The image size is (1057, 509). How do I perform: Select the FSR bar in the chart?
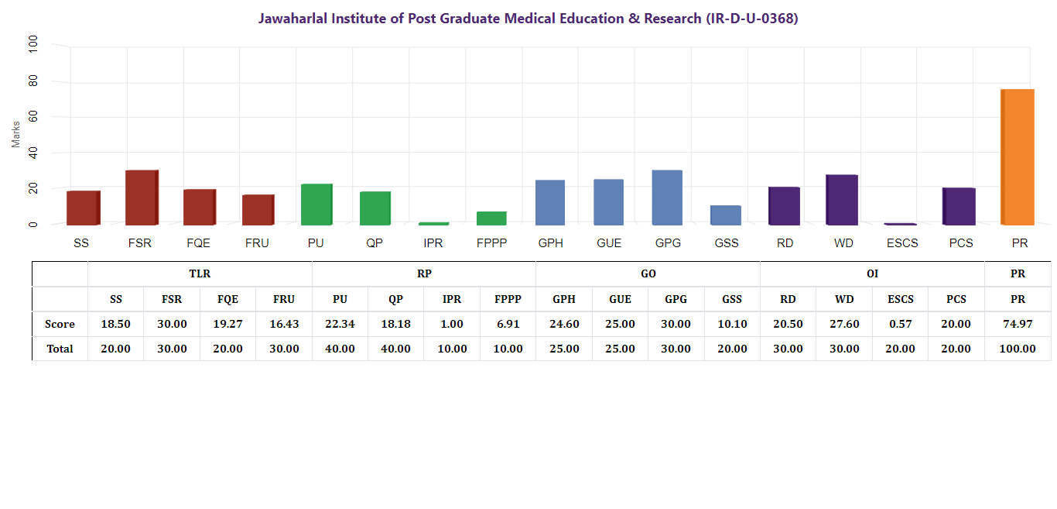142,198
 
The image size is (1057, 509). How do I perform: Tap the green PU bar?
316,205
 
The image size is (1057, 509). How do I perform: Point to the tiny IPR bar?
433,223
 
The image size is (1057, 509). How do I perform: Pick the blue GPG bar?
667,198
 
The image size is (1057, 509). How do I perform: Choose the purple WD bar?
842,200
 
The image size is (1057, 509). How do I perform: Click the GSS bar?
726,215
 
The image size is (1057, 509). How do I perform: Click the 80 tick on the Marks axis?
32,81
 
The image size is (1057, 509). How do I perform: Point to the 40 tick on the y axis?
32,153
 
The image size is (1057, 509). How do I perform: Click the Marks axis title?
15,133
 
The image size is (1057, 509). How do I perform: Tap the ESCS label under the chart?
902,243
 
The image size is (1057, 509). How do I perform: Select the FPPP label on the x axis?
491,243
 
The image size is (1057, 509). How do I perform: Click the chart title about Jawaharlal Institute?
528,19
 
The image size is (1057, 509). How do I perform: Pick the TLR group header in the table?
200,273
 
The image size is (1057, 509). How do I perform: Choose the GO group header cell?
648,273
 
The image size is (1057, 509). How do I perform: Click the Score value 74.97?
1018,324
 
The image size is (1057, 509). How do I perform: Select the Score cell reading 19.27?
227,324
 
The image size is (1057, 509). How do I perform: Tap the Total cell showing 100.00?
1018,349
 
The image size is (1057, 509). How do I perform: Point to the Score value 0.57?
900,324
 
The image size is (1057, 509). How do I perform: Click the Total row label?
60,349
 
